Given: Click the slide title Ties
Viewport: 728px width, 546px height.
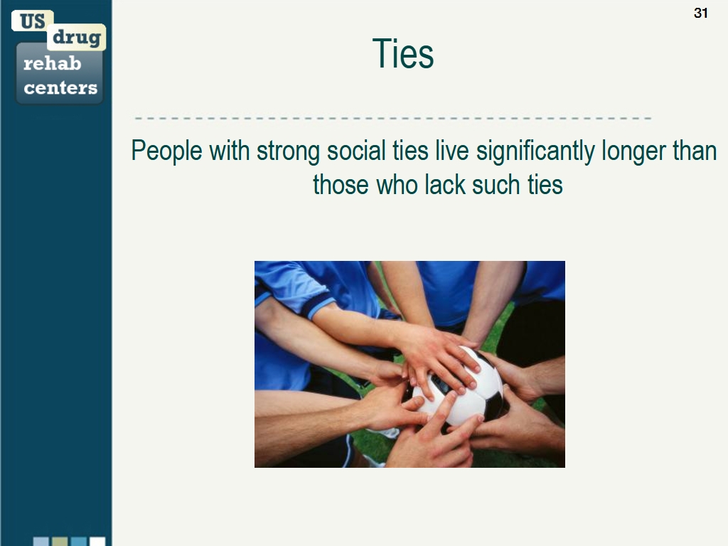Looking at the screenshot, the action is (403, 54).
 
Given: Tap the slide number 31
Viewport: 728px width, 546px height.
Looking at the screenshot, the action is (700, 13).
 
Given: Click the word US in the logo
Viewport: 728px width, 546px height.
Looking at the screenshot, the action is (33, 21).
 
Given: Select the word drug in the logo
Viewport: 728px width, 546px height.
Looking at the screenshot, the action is (77, 38).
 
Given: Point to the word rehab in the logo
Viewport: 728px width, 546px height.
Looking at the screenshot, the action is (52, 63).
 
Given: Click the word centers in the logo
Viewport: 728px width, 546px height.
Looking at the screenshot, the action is (60, 87).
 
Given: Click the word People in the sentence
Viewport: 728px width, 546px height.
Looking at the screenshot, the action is (166, 151).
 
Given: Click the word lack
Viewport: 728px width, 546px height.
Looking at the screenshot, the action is (445, 184).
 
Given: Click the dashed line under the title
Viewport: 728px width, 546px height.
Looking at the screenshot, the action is (392, 119).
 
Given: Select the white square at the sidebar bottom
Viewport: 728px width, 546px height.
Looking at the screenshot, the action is (97, 541).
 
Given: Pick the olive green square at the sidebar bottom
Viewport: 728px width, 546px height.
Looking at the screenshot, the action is (60, 541).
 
